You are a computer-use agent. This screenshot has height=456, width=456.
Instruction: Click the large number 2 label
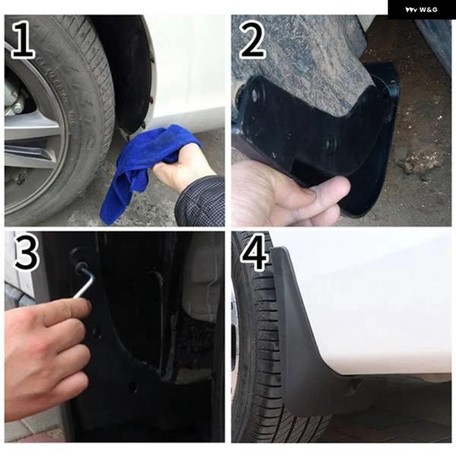252,39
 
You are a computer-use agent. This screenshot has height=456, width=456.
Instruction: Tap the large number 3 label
26,252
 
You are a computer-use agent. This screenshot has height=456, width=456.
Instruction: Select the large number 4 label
254,252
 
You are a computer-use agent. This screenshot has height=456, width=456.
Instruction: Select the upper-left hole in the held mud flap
255,94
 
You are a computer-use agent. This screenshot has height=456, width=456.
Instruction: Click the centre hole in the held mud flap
329,143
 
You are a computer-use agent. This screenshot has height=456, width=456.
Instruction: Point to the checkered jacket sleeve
201,201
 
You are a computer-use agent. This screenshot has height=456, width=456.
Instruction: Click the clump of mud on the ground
419,163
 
